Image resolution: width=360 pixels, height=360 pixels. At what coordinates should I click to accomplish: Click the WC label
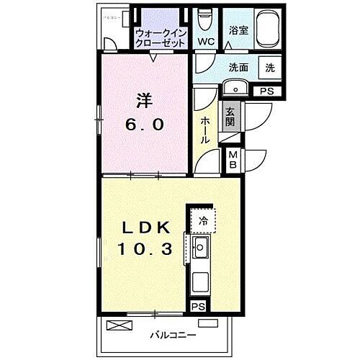tap(206, 41)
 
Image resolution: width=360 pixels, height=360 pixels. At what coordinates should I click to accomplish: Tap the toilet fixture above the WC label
tap(205, 17)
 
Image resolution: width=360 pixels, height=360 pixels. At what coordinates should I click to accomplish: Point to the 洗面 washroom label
tap(240, 68)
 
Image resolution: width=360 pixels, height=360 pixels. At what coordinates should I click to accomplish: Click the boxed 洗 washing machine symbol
tap(270, 67)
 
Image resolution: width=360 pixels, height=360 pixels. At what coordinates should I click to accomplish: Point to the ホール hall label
tap(205, 130)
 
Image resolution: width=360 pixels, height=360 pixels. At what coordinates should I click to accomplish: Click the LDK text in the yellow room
tap(147, 228)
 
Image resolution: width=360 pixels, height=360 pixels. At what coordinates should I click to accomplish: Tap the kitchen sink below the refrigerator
tap(201, 251)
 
